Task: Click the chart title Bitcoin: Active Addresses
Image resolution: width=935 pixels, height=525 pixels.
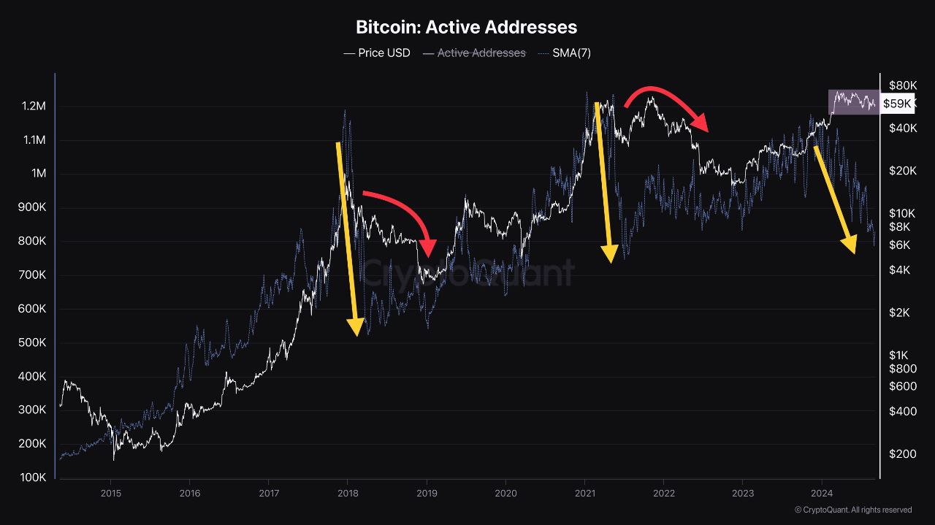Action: pyautogui.click(x=466, y=27)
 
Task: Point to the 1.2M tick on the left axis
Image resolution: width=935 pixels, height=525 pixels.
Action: pyautogui.click(x=34, y=107)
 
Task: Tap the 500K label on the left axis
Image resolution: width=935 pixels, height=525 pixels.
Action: pyautogui.click(x=32, y=342)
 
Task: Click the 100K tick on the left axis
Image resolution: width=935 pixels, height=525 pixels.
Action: pyautogui.click(x=32, y=478)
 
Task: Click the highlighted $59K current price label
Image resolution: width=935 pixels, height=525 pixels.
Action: pyautogui.click(x=897, y=104)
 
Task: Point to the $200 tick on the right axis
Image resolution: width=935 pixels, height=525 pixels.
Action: pyautogui.click(x=897, y=454)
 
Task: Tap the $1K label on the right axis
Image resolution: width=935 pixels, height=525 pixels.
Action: pyautogui.click(x=897, y=355)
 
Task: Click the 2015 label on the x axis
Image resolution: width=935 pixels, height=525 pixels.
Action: pyautogui.click(x=110, y=494)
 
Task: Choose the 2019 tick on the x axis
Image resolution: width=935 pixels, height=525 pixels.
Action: pyautogui.click(x=427, y=494)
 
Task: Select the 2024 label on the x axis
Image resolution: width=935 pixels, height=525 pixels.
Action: pyautogui.click(x=822, y=494)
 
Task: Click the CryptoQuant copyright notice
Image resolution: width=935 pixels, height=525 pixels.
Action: pyautogui.click(x=852, y=510)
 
